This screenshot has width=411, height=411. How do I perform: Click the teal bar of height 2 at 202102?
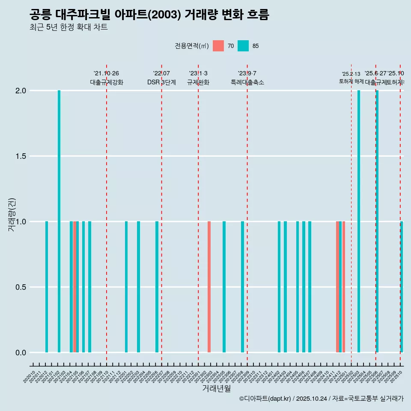(x=59, y=221)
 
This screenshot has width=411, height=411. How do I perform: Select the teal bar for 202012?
(x=47, y=287)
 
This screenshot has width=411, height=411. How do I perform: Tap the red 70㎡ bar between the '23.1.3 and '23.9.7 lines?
(x=209, y=287)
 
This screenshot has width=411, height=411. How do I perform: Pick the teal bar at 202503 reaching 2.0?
(x=359, y=221)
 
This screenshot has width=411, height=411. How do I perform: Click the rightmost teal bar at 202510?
(x=402, y=287)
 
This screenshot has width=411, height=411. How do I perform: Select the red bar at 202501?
(x=344, y=287)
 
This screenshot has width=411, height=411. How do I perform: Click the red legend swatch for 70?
(x=218, y=46)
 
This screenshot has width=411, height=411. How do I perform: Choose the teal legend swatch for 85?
(x=243, y=46)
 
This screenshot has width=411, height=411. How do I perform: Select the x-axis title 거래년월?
(x=216, y=389)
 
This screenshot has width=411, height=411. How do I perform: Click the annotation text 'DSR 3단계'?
(x=161, y=82)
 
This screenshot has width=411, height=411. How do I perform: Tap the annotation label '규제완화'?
(x=198, y=82)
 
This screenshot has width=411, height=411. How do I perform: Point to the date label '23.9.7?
(x=247, y=73)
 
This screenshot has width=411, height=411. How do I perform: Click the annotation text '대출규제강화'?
(x=107, y=82)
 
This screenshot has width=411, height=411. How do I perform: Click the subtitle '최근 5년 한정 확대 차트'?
(x=68, y=27)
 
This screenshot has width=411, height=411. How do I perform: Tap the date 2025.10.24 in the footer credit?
(x=312, y=399)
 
